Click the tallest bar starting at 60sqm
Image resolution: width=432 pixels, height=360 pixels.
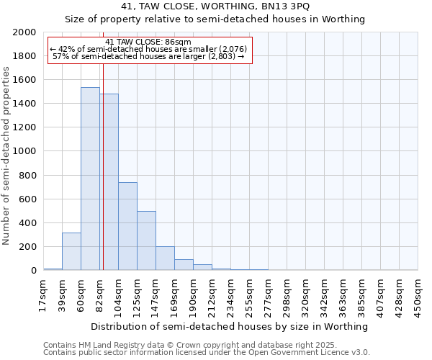point(90,179)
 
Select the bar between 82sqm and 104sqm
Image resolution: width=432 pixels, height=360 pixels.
point(109,182)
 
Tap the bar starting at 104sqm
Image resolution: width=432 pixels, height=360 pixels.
point(127,226)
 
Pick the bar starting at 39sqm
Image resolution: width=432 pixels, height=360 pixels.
point(71,251)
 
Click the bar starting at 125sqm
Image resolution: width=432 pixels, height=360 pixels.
point(146,240)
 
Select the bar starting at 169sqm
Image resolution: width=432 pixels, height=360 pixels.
point(184,265)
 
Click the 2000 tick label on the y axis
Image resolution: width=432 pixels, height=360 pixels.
point(25,32)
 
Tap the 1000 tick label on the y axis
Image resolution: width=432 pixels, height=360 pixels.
point(25,152)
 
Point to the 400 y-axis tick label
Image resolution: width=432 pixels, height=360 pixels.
point(28,223)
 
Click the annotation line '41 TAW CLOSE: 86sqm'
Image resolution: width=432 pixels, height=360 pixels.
point(148,42)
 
